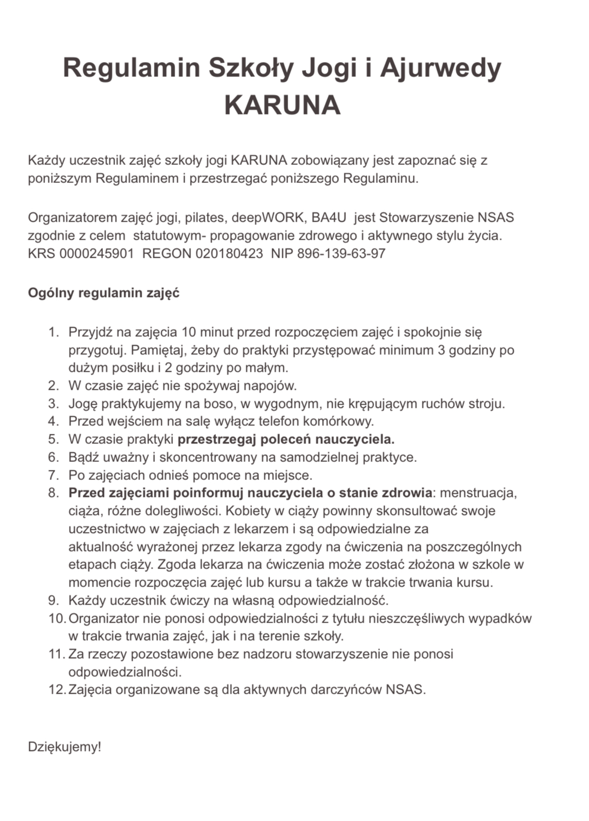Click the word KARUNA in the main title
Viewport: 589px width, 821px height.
tap(282, 104)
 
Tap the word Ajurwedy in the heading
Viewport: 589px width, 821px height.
tap(440, 68)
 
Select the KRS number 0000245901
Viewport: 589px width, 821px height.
tap(97, 254)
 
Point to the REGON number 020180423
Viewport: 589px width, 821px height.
tap(229, 254)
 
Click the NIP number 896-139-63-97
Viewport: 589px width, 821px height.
tap(341, 254)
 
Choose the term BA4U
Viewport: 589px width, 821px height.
tap(328, 217)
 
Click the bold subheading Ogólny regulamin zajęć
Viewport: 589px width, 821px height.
tap(103, 293)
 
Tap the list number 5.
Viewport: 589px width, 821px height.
tap(53, 439)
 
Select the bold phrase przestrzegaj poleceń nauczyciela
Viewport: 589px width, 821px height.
tap(286, 439)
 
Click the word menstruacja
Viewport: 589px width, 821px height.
tap(478, 493)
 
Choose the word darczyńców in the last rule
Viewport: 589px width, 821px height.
tap(345, 689)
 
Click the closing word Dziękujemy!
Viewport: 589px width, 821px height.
tap(64, 747)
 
